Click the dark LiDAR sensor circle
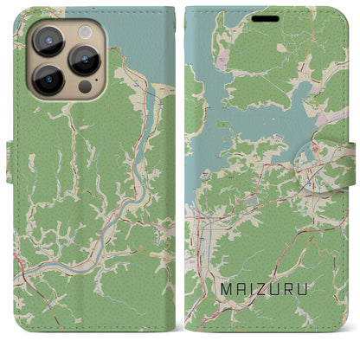[84, 87]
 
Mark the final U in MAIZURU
[316, 305]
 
